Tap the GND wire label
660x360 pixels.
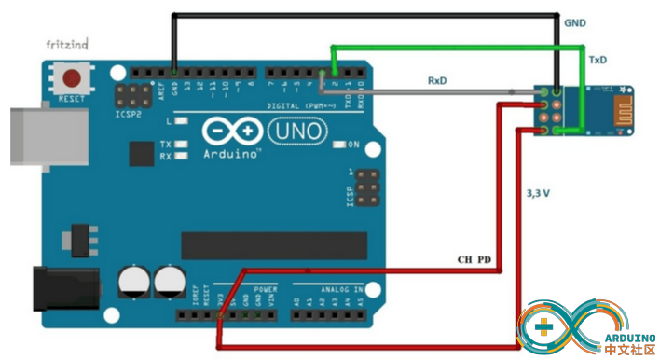pos(574,21)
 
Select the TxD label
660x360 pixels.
pos(597,60)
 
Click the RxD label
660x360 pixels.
pos(437,80)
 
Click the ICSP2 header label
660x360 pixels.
pos(130,114)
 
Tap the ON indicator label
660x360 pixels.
pos(353,145)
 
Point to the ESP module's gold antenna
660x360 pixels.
pos(610,104)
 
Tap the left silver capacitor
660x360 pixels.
pos(133,280)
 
